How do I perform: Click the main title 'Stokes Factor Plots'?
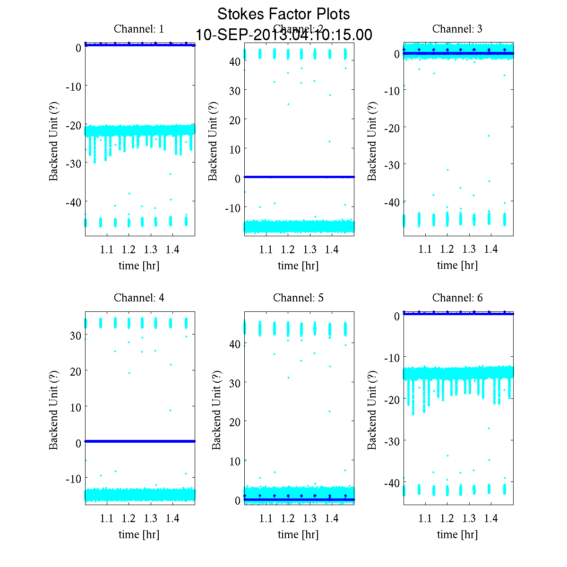pyautogui.click(x=283, y=14)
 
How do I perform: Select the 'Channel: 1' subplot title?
pyautogui.click(x=139, y=29)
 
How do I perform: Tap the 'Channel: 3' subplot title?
pyautogui.click(x=457, y=29)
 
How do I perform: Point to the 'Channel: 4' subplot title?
pyautogui.click(x=139, y=298)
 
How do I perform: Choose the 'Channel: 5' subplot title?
pyautogui.click(x=298, y=298)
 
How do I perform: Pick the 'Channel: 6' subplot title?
pyautogui.click(x=457, y=298)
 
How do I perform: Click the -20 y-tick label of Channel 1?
pyautogui.click(x=72, y=125)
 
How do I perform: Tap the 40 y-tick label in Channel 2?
pyautogui.click(x=235, y=61)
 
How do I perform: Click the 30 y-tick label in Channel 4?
pyautogui.click(x=76, y=335)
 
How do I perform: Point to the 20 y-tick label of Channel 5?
pyautogui.click(x=235, y=421)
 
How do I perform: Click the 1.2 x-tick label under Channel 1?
pyautogui.click(x=129, y=249)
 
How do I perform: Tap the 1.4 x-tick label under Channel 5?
pyautogui.click(x=332, y=518)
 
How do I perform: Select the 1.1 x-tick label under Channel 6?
pyautogui.click(x=425, y=518)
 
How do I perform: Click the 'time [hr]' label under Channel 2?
pyautogui.click(x=298, y=266)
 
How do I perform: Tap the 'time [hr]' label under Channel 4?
pyautogui.click(x=139, y=534)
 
